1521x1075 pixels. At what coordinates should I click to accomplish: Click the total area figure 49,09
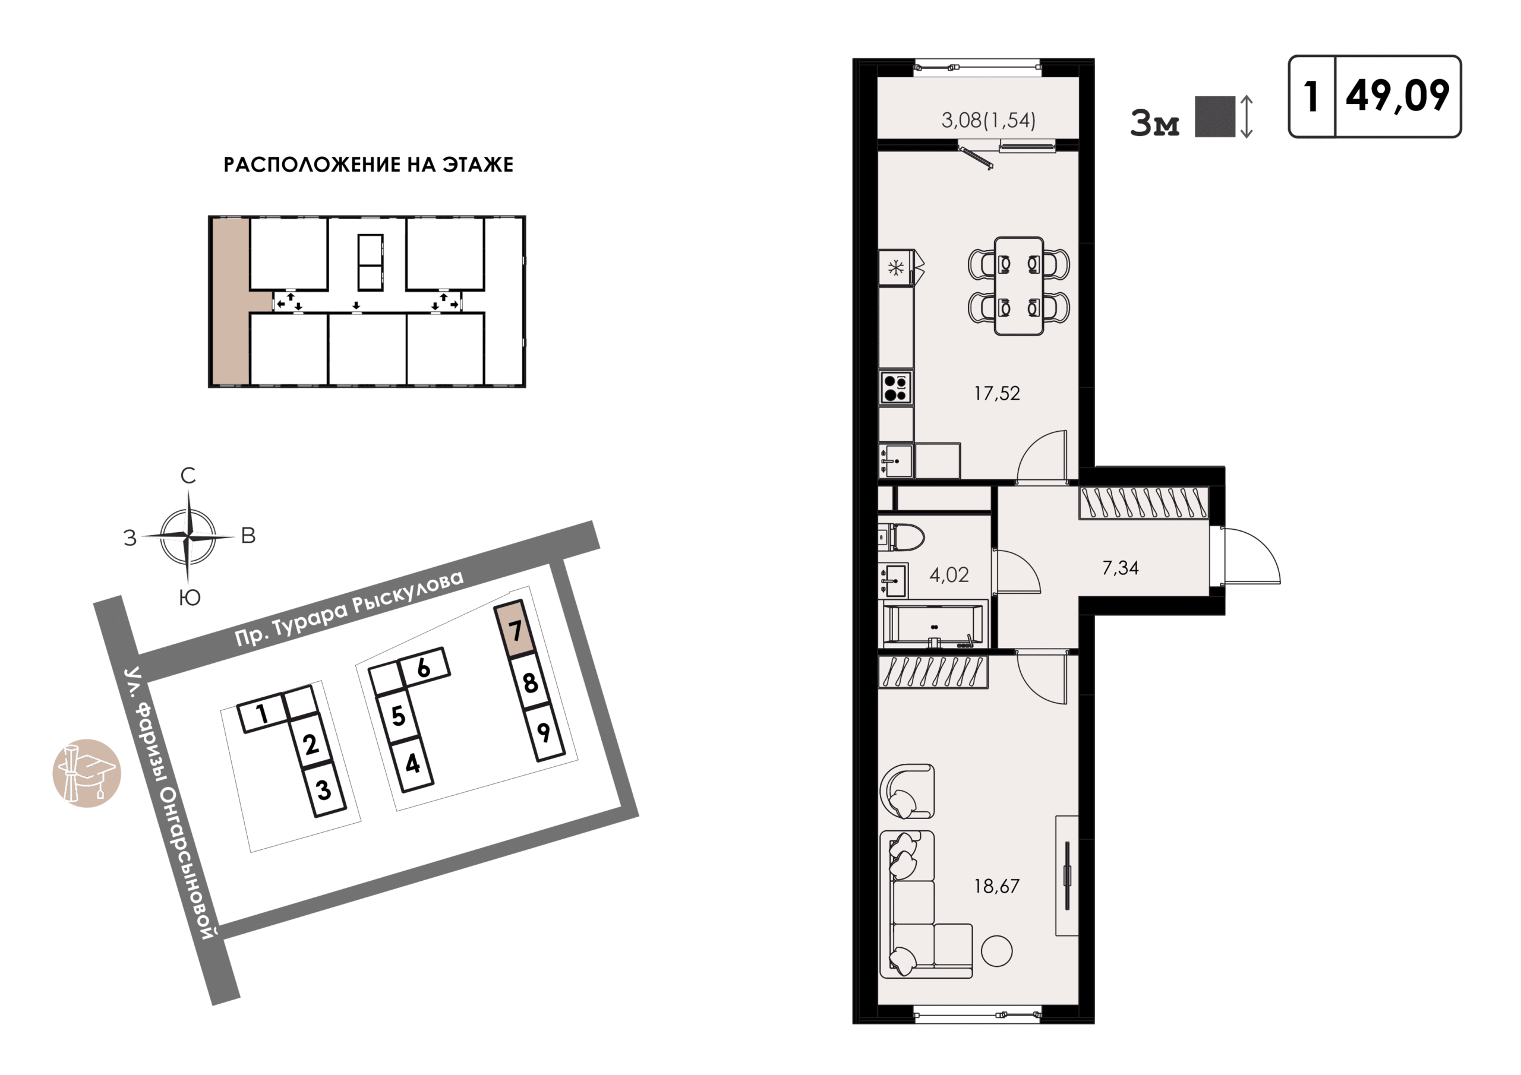click(x=1398, y=96)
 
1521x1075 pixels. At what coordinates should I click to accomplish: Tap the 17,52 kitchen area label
click(x=996, y=393)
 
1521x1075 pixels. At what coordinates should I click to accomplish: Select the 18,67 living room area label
click(x=996, y=886)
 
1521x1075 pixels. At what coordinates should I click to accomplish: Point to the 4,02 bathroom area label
click(x=949, y=575)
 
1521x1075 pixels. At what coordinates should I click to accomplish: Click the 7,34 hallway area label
click(x=1120, y=568)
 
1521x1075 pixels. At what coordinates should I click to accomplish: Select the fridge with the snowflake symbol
click(x=897, y=268)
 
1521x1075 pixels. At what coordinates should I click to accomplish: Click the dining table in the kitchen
click(x=1019, y=286)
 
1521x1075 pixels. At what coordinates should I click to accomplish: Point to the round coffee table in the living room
click(x=996, y=951)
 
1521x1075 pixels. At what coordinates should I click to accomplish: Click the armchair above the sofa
click(x=907, y=792)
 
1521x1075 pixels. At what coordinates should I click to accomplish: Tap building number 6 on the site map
click(x=424, y=667)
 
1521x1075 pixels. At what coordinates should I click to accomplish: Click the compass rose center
click(x=189, y=536)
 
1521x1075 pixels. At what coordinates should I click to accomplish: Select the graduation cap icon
click(x=87, y=773)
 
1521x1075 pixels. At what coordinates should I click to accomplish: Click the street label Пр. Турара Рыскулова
click(x=349, y=608)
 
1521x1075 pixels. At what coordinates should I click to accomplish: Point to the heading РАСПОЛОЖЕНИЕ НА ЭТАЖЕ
click(x=368, y=165)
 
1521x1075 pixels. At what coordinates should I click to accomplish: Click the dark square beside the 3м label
click(x=1215, y=116)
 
